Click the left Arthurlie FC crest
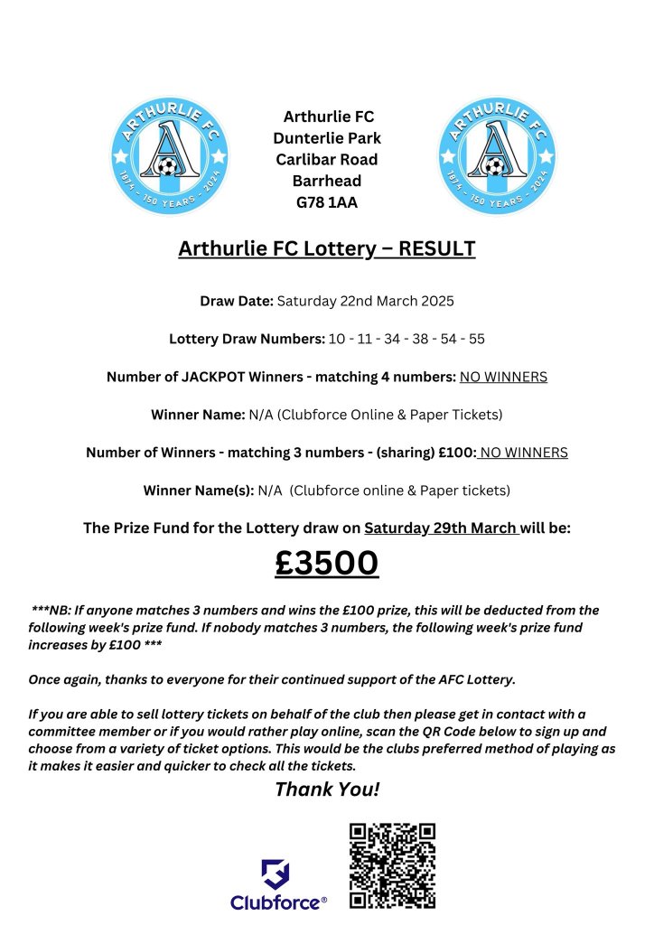point(169,155)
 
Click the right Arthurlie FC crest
point(496,155)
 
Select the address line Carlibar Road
point(327,160)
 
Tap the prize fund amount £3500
point(327,563)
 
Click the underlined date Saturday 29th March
point(441,528)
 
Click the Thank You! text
point(327,790)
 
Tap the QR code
point(393,865)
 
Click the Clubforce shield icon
point(276,874)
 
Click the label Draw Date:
point(237,301)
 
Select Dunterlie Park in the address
point(327,138)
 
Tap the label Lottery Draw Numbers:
point(247,339)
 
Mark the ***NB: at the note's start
point(50,611)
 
